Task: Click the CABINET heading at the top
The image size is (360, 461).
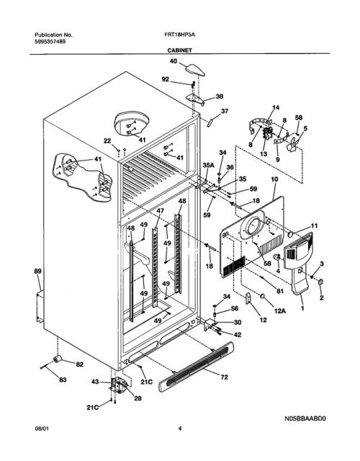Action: [x=179, y=50]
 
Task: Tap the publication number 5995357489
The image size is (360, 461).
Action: [x=50, y=42]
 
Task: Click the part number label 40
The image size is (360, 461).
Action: [x=174, y=61]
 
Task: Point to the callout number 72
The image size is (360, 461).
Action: [x=224, y=377]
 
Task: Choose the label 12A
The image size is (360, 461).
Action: [x=280, y=310]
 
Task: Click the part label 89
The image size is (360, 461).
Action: [x=38, y=271]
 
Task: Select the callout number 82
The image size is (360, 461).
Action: [x=80, y=364]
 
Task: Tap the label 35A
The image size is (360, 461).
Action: [x=208, y=166]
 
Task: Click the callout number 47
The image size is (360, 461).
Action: [x=160, y=210]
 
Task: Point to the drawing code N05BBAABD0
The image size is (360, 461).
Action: [x=305, y=419]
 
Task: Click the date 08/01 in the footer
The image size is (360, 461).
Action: [x=42, y=429]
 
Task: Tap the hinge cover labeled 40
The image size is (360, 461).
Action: [x=195, y=70]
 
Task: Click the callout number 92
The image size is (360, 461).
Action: [x=166, y=79]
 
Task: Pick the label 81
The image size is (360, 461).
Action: [x=280, y=291]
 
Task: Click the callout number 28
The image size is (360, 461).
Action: [x=138, y=398]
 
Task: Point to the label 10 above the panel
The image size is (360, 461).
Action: [x=274, y=179]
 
